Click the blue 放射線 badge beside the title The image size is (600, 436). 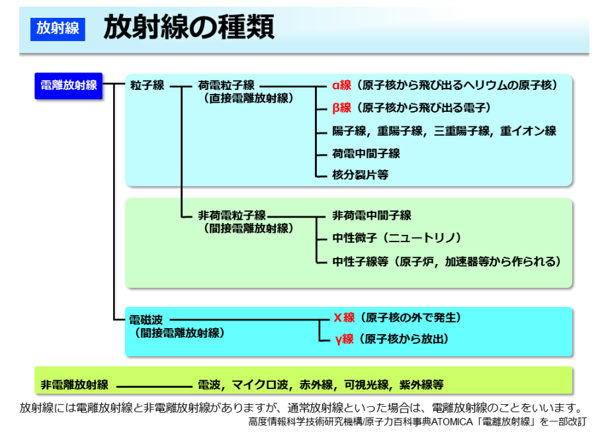(58, 28)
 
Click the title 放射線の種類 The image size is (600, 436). (189, 27)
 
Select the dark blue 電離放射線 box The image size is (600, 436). (69, 86)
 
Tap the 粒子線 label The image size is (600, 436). (147, 85)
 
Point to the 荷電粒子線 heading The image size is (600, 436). (226, 85)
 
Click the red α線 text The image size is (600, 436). (342, 85)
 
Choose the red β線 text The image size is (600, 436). (342, 108)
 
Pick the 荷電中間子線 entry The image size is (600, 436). (366, 154)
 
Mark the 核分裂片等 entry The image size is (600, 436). (361, 175)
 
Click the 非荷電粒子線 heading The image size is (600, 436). (232, 216)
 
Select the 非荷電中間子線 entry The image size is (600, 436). (372, 216)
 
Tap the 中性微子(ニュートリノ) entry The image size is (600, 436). (397, 238)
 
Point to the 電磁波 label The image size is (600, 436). (146, 320)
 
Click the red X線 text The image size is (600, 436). (345, 318)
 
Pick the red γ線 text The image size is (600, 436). (345, 339)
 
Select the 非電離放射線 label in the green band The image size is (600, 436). (75, 384)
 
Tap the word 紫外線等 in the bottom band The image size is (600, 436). (421, 384)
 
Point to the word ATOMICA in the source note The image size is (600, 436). (452, 422)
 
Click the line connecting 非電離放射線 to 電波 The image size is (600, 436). (154, 386)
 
